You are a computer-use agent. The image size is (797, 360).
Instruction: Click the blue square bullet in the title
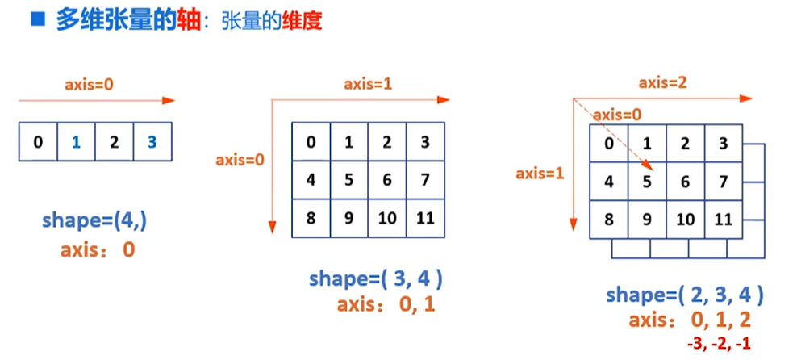coord(36,20)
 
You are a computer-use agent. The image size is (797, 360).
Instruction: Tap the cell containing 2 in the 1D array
coord(114,143)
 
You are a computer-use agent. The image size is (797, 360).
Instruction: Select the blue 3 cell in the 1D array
coord(152,143)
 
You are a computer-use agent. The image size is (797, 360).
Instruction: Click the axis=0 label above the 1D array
coord(90,84)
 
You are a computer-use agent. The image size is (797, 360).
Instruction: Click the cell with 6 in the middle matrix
coord(387,180)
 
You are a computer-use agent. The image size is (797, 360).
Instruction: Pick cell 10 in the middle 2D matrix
coord(387,218)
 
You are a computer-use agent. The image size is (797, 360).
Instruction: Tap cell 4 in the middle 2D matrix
coord(311,180)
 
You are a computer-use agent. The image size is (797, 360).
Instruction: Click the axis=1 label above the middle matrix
coord(368,83)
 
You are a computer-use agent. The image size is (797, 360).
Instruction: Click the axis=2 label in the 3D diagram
coord(662,82)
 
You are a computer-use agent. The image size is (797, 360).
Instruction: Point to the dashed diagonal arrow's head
coord(649,168)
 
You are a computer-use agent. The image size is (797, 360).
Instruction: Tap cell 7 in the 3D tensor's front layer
coord(724,182)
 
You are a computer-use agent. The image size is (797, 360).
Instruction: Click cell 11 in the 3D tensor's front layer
coord(724,220)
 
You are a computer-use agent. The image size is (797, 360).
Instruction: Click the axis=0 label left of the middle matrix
coord(240,160)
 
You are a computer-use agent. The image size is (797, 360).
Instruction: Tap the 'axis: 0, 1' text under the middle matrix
coord(386,305)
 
